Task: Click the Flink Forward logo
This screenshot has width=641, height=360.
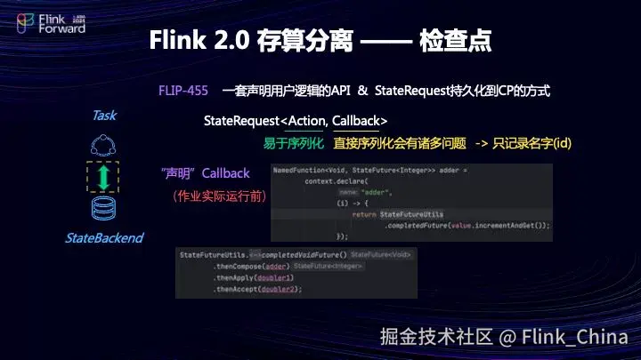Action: (52, 23)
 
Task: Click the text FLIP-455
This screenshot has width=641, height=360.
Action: (182, 91)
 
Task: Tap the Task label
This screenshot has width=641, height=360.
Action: (104, 116)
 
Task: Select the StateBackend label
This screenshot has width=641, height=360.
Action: (104, 238)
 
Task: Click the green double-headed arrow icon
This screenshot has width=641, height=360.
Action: (104, 176)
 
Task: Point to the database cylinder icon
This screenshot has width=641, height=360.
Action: (104, 209)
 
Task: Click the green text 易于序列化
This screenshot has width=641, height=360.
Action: (293, 142)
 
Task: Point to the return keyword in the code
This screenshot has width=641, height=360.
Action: (363, 214)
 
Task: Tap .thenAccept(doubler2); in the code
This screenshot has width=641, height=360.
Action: (258, 289)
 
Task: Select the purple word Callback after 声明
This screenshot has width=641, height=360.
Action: (226, 172)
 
